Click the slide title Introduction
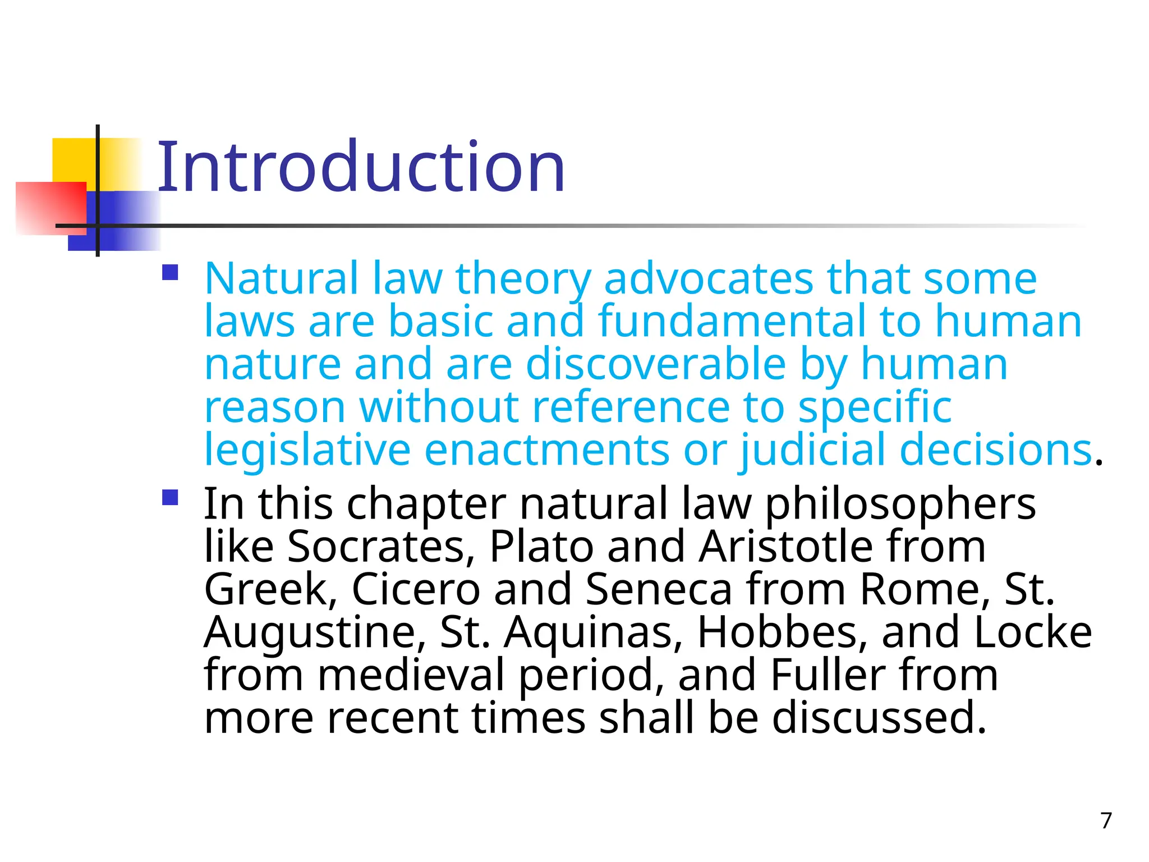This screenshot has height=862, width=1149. click(x=361, y=167)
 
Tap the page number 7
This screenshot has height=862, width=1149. click(x=1106, y=820)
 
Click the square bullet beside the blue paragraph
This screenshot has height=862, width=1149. click(x=170, y=273)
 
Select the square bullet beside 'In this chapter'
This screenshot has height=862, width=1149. click(x=170, y=498)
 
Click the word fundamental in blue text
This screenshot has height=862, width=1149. click(x=732, y=321)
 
